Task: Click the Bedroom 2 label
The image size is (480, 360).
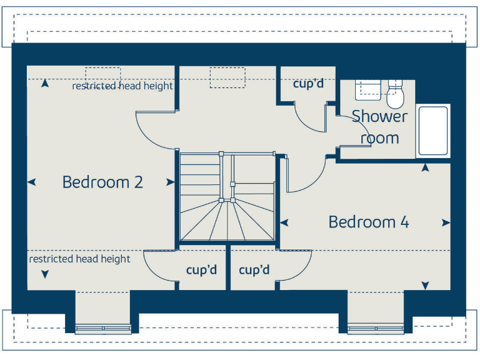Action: [x=102, y=182]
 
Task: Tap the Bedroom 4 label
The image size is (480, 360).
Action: [x=369, y=222]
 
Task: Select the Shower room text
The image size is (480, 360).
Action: [x=379, y=127]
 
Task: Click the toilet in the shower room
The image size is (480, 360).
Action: [x=395, y=94]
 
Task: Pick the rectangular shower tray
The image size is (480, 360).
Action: [x=432, y=131]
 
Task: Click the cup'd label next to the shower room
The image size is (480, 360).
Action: [x=308, y=83]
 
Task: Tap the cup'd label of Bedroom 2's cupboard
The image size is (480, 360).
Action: [x=201, y=270]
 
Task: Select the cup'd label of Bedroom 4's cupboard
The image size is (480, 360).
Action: [x=254, y=270]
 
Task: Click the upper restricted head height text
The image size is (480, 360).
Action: [x=122, y=86]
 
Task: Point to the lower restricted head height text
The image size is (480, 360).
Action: [x=80, y=259]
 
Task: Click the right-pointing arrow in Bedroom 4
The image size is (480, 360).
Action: [x=446, y=222]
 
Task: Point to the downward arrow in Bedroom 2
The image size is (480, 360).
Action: [x=44, y=274]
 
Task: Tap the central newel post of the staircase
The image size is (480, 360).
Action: [x=221, y=200]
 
